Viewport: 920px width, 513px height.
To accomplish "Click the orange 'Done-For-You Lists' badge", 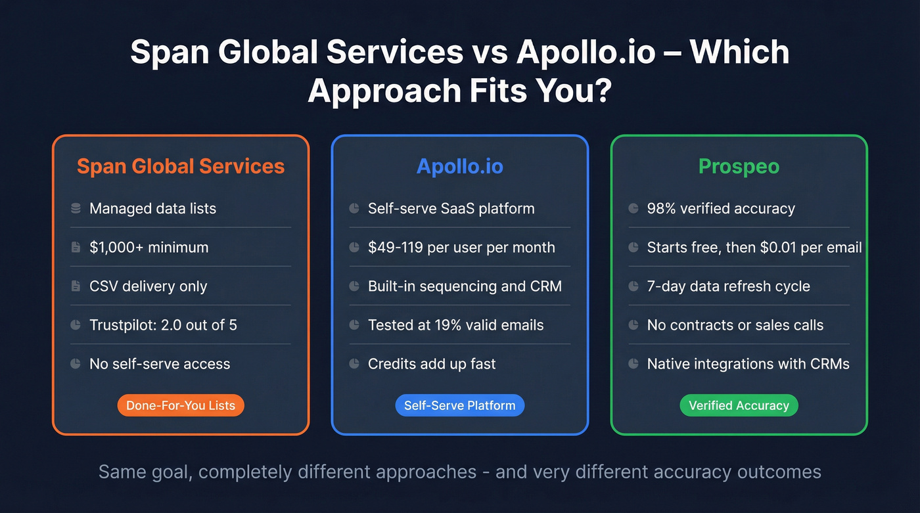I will coord(181,405).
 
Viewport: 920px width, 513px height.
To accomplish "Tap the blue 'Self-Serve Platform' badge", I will coord(459,405).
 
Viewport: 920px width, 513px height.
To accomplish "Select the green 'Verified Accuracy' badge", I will coord(739,405).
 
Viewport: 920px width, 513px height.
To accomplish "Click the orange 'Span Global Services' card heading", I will coord(181,166).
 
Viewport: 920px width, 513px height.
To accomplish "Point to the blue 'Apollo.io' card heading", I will coord(459,166).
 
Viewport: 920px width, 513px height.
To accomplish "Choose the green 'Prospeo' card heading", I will coord(739,166).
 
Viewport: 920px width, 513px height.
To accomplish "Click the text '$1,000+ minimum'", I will coord(149,248).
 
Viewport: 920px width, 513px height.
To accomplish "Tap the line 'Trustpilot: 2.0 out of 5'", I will coord(163,325).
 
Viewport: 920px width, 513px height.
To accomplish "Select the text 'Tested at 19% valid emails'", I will coord(455,325).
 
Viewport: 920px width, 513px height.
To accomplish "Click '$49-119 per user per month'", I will coord(461,248).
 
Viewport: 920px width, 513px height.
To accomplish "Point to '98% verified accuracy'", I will coord(721,209).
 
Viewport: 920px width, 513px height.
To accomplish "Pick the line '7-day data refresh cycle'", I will coord(728,286).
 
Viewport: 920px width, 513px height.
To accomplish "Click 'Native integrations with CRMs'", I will coord(748,364).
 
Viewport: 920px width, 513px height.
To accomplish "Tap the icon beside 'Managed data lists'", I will coord(76,209).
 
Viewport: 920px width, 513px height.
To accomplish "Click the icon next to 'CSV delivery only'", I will coord(76,286).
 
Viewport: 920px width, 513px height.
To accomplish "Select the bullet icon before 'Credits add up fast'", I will coord(354,364).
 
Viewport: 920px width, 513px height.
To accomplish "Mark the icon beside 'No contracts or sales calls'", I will coord(633,325).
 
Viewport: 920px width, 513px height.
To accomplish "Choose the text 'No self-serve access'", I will coord(160,364).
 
